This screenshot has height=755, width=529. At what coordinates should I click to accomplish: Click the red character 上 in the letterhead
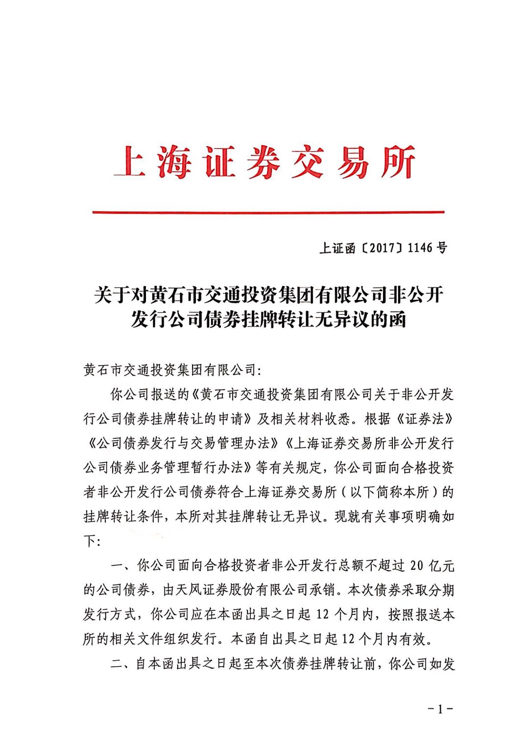129,161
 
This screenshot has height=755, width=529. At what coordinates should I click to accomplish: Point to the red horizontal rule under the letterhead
268,212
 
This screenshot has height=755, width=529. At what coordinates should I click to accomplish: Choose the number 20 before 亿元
416,566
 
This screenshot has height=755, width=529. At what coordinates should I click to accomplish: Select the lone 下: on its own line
92,541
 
